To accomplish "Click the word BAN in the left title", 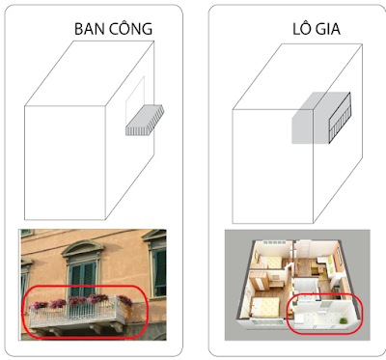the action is [90, 29].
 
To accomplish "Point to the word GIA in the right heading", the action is [327, 29].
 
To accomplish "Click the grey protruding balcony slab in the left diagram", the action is [145, 121].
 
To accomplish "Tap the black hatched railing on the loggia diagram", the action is [340, 118].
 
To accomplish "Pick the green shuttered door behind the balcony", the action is [83, 279].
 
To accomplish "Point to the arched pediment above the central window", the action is [83, 248].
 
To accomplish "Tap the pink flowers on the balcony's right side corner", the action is [125, 300].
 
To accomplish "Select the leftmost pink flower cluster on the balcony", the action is [40, 305].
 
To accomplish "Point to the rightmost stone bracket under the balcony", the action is [117, 327].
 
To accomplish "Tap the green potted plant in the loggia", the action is [344, 320].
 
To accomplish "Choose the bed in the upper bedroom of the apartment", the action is [271, 262].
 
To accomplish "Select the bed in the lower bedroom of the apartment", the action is [265, 306].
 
